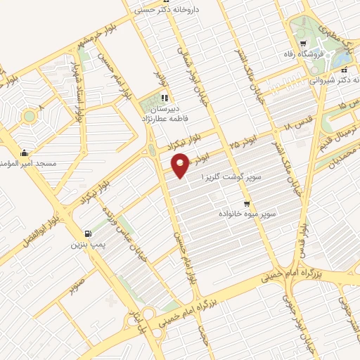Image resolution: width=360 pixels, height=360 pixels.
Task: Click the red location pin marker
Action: (x=181, y=167)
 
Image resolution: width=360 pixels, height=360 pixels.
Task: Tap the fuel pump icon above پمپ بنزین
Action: (x=87, y=234)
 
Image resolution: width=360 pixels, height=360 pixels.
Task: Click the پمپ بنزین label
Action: (x=86, y=245)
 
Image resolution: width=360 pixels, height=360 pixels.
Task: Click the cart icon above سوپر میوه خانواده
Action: (x=246, y=202)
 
